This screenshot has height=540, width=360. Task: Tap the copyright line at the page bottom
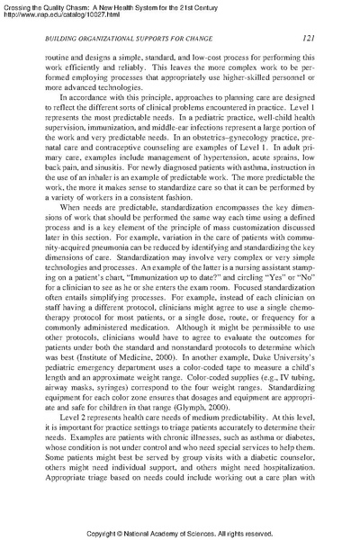180,531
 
